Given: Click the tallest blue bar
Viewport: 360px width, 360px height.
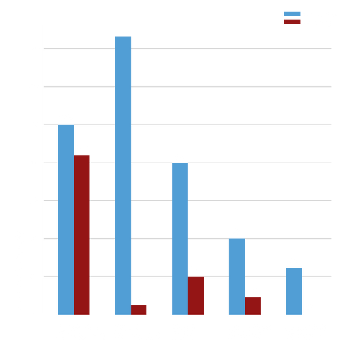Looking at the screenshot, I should (x=123, y=174).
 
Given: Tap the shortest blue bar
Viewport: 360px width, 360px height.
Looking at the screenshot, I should (x=294, y=290).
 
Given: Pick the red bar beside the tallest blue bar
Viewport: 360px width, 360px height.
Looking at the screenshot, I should (x=140, y=308).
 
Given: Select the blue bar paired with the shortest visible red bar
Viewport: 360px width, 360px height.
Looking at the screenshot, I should (x=123, y=174).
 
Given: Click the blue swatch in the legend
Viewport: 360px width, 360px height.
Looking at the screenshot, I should (x=292, y=14).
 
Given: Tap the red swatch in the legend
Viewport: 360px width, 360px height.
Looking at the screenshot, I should (x=292, y=22).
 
